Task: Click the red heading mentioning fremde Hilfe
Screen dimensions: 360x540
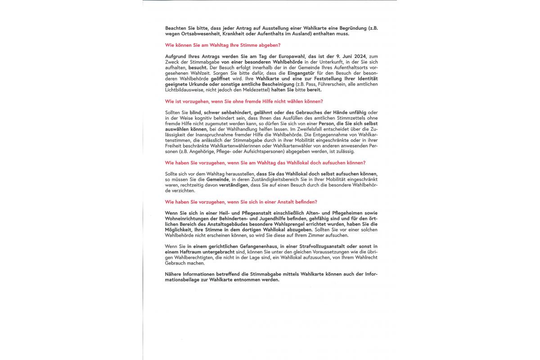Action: [244, 101]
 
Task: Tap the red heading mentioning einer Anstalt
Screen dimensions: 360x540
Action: [241, 202]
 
